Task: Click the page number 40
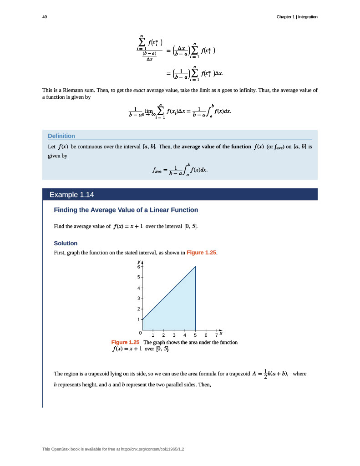(44, 17)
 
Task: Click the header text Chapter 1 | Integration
(297, 17)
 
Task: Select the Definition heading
(61, 136)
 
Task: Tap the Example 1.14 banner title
(71, 195)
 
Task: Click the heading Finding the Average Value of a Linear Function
(126, 210)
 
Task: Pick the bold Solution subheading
(66, 243)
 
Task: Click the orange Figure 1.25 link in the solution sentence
(201, 253)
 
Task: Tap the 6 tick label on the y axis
(139, 267)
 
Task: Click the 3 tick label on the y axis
(139, 299)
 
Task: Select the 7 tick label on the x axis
(216, 335)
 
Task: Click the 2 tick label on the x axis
(163, 335)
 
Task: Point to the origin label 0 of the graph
(140, 334)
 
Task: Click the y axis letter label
(138, 262)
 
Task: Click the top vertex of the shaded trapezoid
(195, 267)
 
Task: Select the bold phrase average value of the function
(216, 147)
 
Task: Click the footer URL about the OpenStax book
(113, 449)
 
